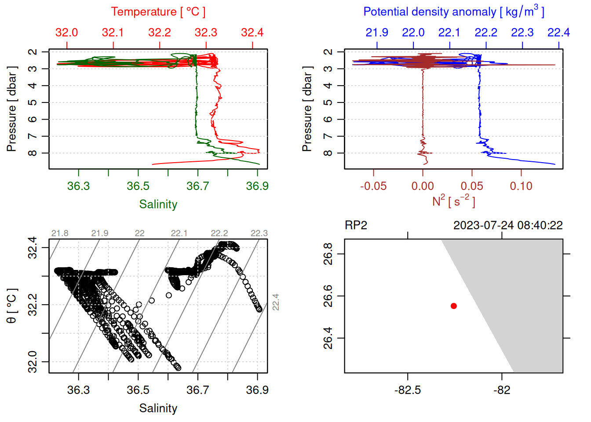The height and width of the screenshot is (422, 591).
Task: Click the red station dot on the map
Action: pos(454,306)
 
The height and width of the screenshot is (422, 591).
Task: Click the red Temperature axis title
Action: pos(158,12)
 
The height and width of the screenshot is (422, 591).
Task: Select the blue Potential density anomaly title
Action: pos(453,12)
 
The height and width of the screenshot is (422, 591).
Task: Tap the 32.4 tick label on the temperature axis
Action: pos(252,33)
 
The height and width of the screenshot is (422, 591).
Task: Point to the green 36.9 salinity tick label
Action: pos(257,186)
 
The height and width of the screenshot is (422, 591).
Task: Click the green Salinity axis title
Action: pos(158,204)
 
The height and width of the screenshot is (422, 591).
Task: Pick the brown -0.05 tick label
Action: pos(373,186)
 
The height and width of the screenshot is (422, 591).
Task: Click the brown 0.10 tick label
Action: pos(521,186)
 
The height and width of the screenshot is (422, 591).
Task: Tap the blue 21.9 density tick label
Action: pos(377,33)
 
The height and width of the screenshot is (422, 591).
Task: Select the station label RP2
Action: pos(356,226)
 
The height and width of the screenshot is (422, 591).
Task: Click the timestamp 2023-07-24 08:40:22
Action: pos(508,226)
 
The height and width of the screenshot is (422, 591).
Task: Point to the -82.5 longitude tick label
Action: pos(408,390)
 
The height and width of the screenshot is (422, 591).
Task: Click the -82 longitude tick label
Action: pos(502,390)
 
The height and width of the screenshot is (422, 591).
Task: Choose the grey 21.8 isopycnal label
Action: pos(60,233)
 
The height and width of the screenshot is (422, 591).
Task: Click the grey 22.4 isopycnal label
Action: pos(276,302)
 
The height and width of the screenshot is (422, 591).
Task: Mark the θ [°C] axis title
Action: pos(12,306)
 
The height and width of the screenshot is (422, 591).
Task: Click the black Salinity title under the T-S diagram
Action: pos(158,408)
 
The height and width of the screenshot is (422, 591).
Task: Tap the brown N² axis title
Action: pos(453,201)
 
